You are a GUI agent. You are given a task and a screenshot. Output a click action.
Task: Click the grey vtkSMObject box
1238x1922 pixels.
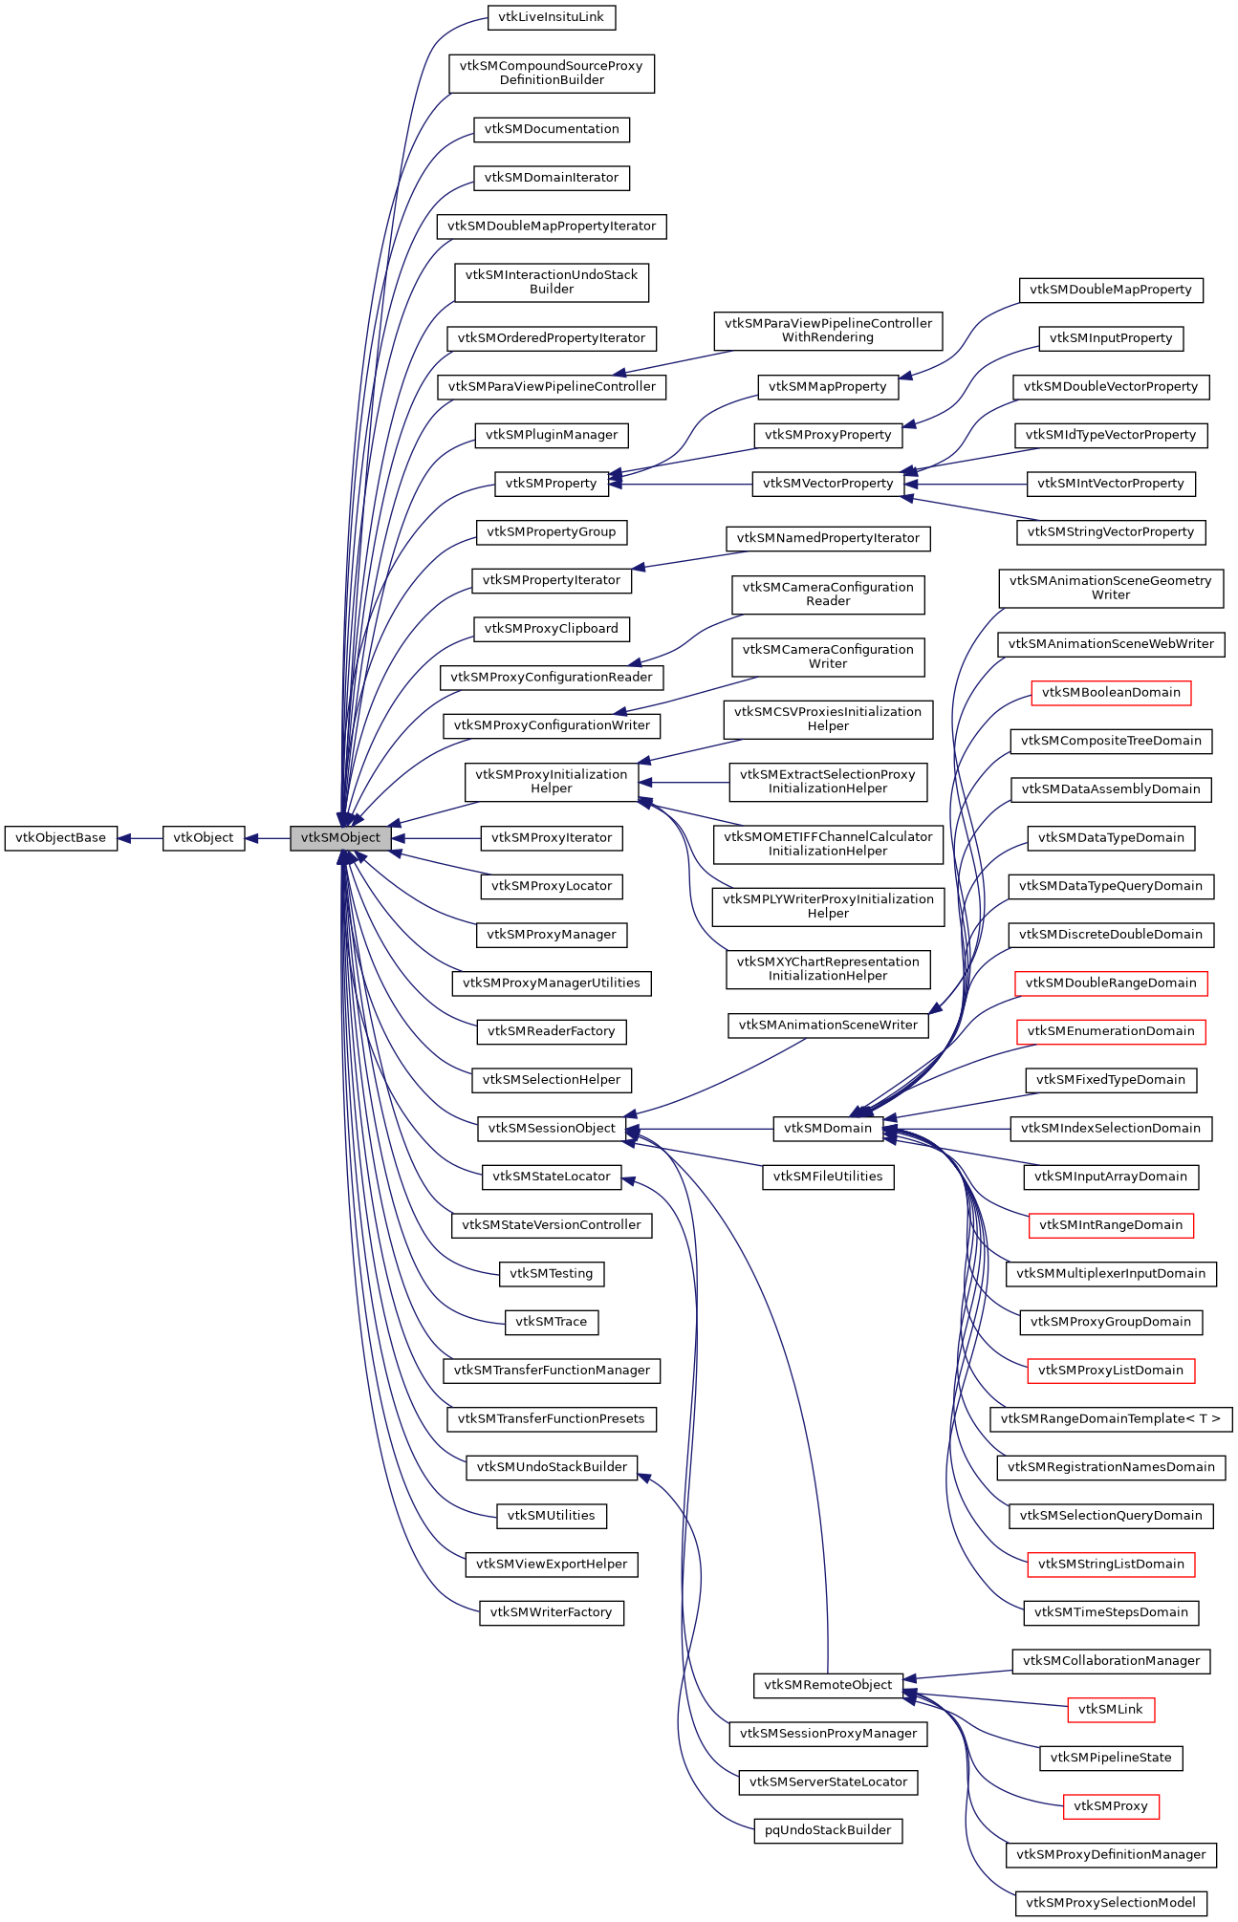(340, 838)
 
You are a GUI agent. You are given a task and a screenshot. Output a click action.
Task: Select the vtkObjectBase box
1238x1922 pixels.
(61, 838)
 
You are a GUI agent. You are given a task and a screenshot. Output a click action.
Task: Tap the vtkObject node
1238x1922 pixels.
(204, 838)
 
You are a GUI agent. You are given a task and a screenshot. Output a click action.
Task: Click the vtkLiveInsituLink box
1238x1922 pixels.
(552, 17)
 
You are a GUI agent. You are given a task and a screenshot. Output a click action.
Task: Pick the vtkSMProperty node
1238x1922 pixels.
(551, 484)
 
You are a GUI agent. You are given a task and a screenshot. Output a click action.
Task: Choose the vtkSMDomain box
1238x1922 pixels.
(828, 1129)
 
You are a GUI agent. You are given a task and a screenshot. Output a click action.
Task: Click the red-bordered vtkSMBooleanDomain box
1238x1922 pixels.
(1111, 693)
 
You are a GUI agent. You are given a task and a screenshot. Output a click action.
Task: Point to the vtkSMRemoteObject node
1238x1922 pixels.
(828, 1685)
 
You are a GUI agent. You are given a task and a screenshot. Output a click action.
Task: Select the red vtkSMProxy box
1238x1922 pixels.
(1111, 1806)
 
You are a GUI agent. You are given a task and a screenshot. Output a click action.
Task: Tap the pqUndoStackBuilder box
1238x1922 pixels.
(828, 1830)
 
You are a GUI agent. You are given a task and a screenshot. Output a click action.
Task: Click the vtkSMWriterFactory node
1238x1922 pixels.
(552, 1612)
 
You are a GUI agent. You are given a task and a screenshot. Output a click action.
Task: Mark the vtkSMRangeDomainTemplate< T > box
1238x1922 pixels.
(1111, 1419)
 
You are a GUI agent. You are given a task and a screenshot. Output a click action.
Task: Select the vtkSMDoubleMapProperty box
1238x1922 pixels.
(1111, 290)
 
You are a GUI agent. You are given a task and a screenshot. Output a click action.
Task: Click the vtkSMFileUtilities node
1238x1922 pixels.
(828, 1177)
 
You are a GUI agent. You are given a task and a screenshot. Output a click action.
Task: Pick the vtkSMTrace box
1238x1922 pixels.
(552, 1322)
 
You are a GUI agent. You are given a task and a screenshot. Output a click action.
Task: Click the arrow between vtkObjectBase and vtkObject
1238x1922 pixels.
(140, 838)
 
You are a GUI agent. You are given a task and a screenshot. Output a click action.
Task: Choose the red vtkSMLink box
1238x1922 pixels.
(1111, 1710)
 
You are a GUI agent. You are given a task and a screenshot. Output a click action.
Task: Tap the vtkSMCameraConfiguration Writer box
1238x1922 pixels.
(828, 657)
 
